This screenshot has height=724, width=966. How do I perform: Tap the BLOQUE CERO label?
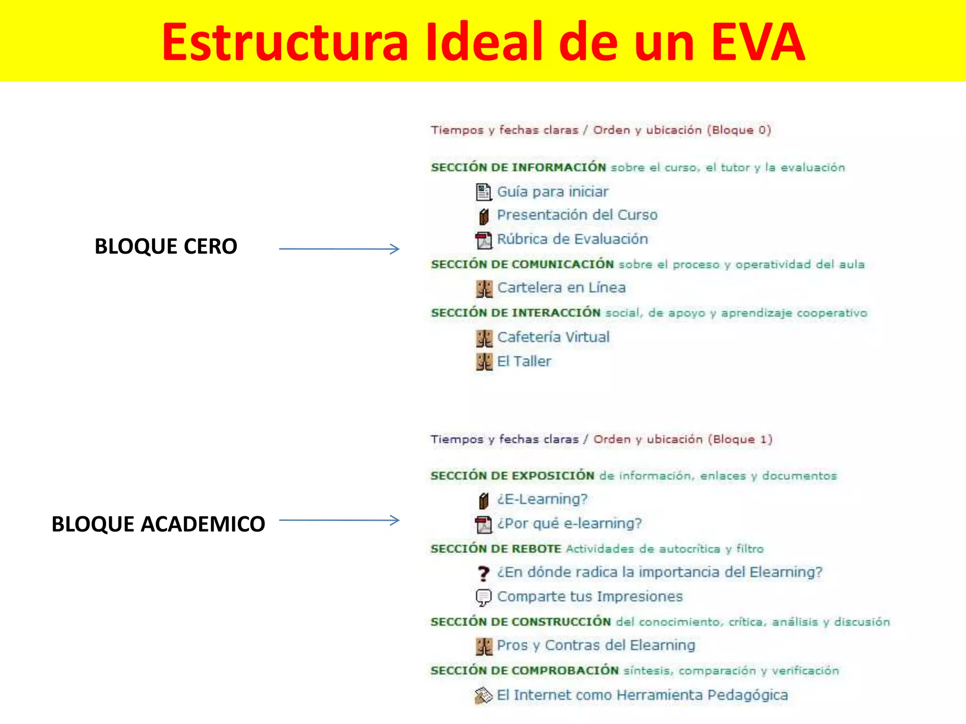coord(166,247)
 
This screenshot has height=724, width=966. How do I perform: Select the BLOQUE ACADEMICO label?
coord(158,524)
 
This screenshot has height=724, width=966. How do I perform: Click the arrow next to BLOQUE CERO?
coord(339,248)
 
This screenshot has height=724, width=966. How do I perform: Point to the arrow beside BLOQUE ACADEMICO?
coord(339,520)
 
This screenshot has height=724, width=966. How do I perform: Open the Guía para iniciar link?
coord(552,192)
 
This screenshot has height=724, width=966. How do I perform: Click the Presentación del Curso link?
coord(577,215)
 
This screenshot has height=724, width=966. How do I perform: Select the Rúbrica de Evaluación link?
coord(572,239)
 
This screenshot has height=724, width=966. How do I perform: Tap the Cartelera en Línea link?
coord(561,288)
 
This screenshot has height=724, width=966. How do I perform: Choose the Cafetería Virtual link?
coord(553,337)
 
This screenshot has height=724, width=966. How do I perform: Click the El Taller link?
coord(524,362)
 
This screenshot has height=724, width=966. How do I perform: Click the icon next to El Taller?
coord(484,362)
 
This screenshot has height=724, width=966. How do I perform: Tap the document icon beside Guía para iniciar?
coord(483,192)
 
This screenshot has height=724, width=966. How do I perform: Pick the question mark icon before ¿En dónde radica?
coord(483,573)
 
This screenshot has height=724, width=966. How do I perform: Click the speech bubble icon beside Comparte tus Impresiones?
coord(483,597)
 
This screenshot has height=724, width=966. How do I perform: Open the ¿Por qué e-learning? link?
coord(569,524)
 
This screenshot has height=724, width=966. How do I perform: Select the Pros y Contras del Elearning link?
coord(596,645)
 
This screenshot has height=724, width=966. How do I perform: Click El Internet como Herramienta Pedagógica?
coord(642,695)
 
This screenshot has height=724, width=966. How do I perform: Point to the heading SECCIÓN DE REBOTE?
coord(496,549)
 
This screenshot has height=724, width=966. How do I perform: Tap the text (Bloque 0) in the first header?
coord(739,130)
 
